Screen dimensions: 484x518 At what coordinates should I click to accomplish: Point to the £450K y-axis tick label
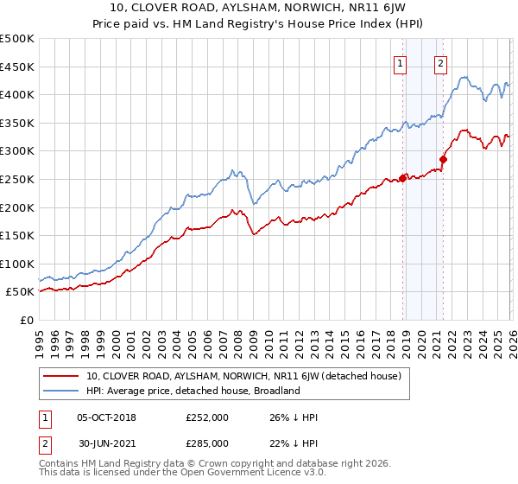pyautogui.click(x=17, y=67)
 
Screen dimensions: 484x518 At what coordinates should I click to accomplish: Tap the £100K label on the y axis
pyautogui.click(x=17, y=264)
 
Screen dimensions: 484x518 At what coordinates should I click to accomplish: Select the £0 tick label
pyautogui.click(x=26, y=321)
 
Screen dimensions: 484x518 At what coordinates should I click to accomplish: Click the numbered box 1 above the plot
pyautogui.click(x=401, y=62)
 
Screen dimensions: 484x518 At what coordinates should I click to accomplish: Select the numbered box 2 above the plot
pyautogui.click(x=441, y=62)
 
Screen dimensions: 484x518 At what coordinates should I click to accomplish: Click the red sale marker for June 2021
pyautogui.click(x=444, y=159)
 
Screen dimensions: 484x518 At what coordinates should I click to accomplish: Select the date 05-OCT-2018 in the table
pyautogui.click(x=106, y=417)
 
